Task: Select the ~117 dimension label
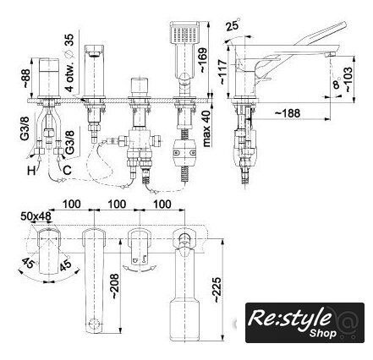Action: [222, 72]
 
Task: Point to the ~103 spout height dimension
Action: [348, 79]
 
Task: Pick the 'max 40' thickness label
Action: [207, 128]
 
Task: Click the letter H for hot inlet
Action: [31, 171]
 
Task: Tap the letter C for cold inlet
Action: [67, 170]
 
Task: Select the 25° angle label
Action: [233, 25]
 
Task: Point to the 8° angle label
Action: [336, 84]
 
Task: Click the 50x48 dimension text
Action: [36, 216]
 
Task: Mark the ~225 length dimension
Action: [217, 290]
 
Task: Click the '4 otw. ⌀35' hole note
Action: [69, 63]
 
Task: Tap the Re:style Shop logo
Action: [304, 323]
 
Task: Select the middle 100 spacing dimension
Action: [117, 205]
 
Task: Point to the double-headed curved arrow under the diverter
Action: [140, 269]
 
